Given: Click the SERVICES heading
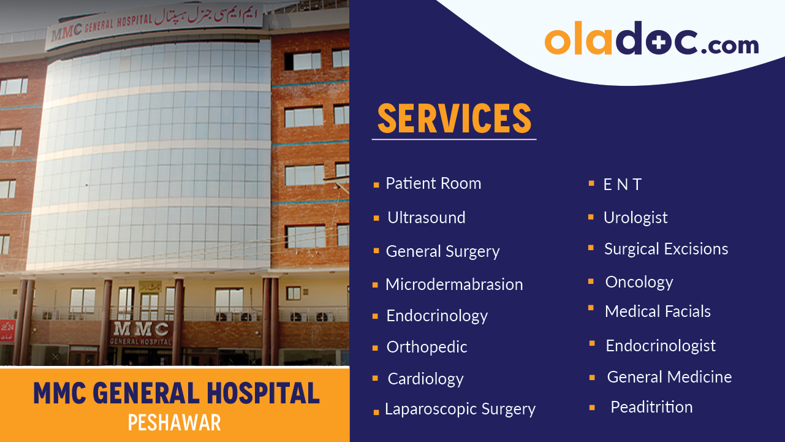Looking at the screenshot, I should coord(454,118).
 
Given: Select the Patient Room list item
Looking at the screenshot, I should coord(433,183).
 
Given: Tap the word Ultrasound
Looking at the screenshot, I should coord(427,218).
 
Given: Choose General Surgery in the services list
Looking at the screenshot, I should coord(442,251).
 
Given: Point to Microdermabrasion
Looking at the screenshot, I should coord(454,284).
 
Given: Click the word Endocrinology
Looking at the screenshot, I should coord(437,316).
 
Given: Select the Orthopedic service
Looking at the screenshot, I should coord(427,347).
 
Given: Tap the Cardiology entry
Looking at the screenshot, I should coord(425,379).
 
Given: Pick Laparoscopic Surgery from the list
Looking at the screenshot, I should coord(460,410).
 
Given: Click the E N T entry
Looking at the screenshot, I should coord(623,185).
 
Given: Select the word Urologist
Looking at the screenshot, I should coord(635,218).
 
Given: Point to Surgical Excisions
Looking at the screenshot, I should coord(666,249).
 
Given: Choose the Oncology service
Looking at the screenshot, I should coord(639,282).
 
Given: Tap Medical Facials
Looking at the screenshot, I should coord(658,311).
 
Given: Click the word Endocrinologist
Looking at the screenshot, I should coord(661,346).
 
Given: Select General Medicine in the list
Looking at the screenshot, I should coord(669,377).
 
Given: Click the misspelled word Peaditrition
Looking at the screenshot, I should coord(651,407).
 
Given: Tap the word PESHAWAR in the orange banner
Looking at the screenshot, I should coord(175,423).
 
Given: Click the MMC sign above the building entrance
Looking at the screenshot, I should coord(140,329).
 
